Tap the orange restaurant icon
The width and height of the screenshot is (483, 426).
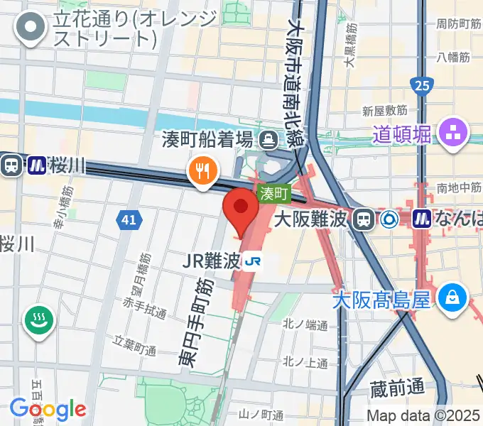point(202,171)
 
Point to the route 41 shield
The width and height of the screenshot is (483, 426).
point(128,221)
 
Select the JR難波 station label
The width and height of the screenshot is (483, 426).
point(212,261)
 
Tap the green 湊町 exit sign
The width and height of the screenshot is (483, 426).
point(273,192)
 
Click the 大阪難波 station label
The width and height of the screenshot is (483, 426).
point(313,219)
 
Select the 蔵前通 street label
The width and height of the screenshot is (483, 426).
point(397,388)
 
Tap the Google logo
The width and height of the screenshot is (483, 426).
point(48,408)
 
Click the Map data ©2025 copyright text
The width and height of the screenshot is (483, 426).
point(423,415)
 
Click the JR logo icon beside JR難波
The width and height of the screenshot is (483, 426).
point(252,263)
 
